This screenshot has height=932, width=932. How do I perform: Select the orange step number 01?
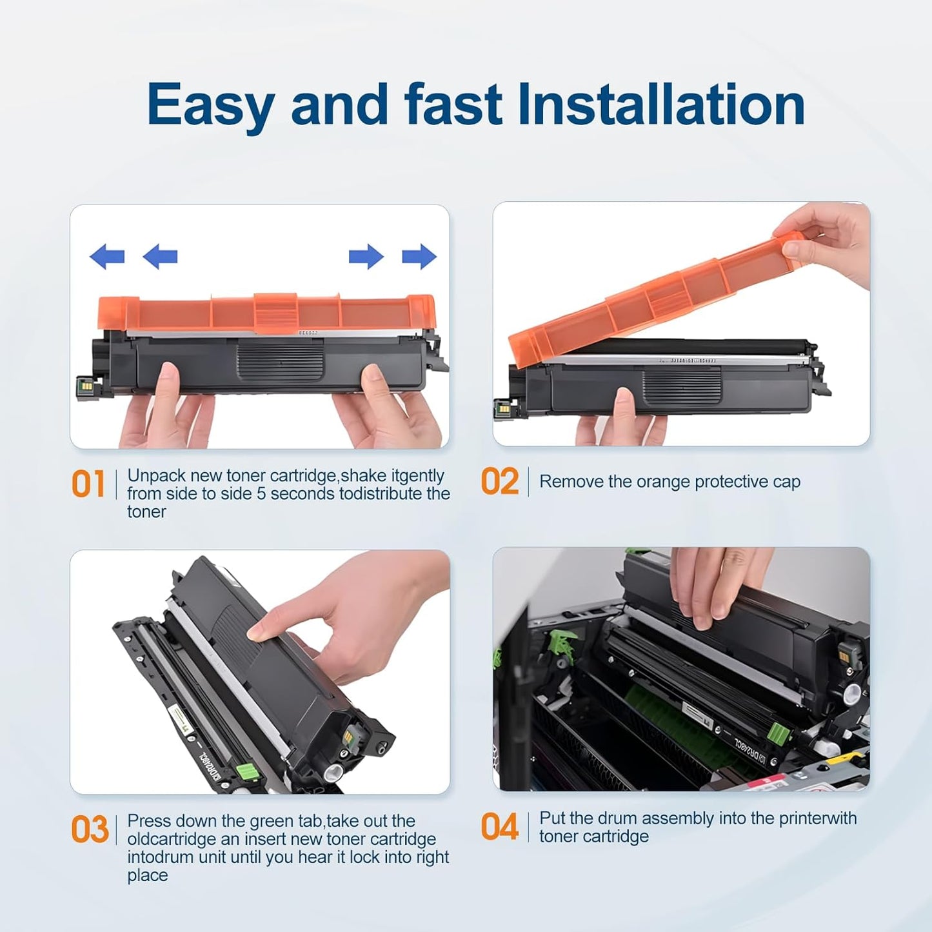pyautogui.click(x=88, y=484)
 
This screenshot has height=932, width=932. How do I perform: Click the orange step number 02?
pyautogui.click(x=499, y=482)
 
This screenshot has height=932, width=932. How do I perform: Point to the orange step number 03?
pyautogui.click(x=90, y=829)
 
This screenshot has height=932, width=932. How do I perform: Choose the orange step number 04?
pyautogui.click(x=499, y=827)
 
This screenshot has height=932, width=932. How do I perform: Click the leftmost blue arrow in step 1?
pyautogui.click(x=107, y=257)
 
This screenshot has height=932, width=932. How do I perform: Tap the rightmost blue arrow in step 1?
pyautogui.click(x=419, y=257)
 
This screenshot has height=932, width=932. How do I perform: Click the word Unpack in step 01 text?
pyautogui.click(x=156, y=476)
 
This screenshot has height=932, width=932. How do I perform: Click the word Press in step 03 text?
pyautogui.click(x=149, y=821)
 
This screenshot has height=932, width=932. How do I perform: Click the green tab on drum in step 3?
pyautogui.click(x=244, y=771)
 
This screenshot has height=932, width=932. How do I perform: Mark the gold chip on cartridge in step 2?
pyautogui.click(x=502, y=408)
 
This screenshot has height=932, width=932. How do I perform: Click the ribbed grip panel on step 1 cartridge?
pyautogui.click(x=280, y=361)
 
